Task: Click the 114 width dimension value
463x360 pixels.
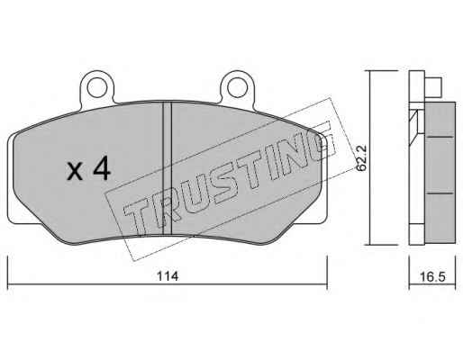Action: click(168, 276)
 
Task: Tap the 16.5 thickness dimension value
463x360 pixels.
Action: click(432, 276)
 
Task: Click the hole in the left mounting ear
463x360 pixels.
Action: click(97, 87)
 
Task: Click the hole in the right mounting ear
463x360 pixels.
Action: click(237, 87)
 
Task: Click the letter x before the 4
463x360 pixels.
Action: click(75, 172)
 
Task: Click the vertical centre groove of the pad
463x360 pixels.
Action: click(167, 168)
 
